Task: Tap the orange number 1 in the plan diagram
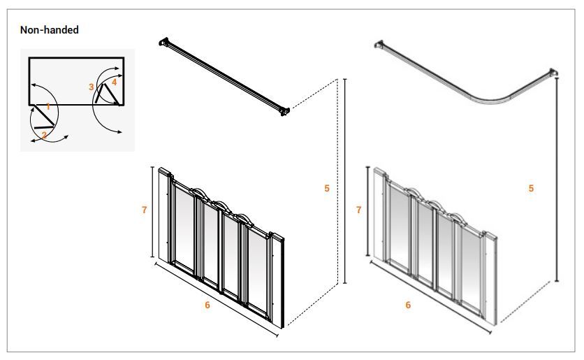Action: point(48,106)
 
